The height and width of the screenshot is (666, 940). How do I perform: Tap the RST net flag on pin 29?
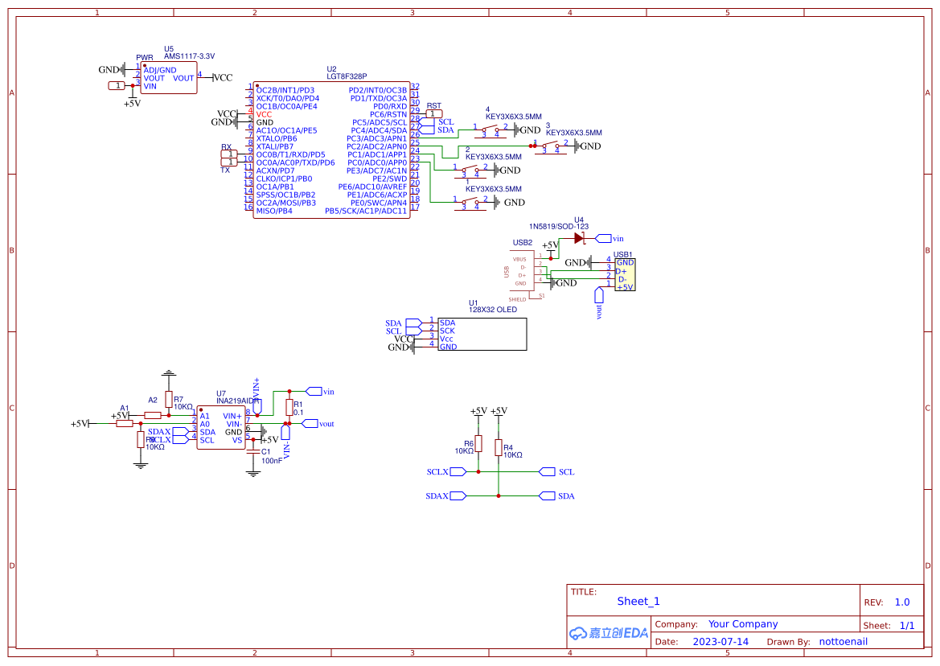[434, 114]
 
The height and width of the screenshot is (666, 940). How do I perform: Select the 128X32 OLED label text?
[493, 310]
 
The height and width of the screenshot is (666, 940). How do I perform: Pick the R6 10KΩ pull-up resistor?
[478, 444]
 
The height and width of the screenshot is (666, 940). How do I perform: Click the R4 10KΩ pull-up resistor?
[499, 448]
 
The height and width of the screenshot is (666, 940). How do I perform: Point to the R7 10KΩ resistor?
[168, 400]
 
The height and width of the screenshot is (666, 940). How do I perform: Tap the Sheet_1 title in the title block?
[638, 601]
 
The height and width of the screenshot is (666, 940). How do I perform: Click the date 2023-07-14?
[720, 642]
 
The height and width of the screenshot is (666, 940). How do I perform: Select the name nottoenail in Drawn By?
[843, 642]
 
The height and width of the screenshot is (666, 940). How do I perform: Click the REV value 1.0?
[902, 602]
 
